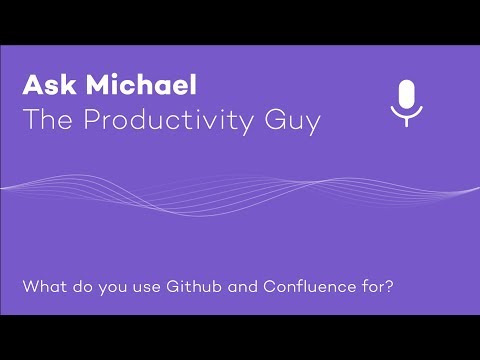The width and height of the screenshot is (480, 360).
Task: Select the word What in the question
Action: (x=41, y=285)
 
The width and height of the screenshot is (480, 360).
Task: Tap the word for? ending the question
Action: (x=376, y=285)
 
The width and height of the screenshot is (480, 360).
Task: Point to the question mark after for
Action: (x=389, y=285)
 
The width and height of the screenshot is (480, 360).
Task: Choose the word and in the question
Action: (x=234, y=285)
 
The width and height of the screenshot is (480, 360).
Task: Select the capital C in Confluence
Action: (x=268, y=285)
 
